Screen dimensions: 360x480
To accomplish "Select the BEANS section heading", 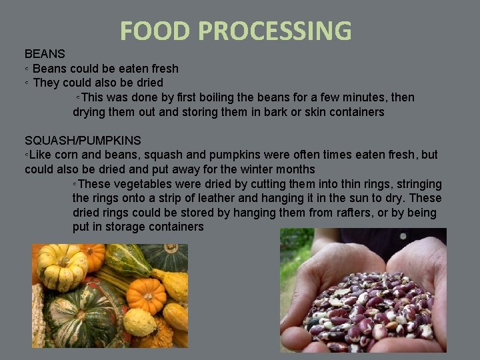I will point(45,53).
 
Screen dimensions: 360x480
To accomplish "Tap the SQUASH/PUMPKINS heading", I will point(83,140).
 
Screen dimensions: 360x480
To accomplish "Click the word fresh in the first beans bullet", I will point(163,68).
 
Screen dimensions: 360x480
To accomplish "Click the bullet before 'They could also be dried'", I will point(27,83).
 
